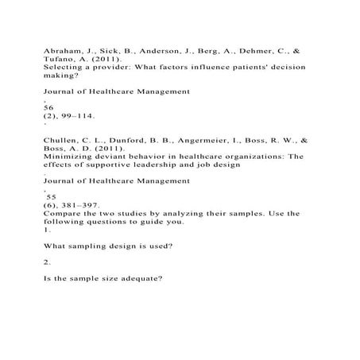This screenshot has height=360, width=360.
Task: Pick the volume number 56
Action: pos(48,106)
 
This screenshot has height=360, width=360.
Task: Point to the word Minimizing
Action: pos(66,157)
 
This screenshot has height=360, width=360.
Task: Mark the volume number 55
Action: pos(51,195)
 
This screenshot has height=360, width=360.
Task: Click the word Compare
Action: pos(62,213)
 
